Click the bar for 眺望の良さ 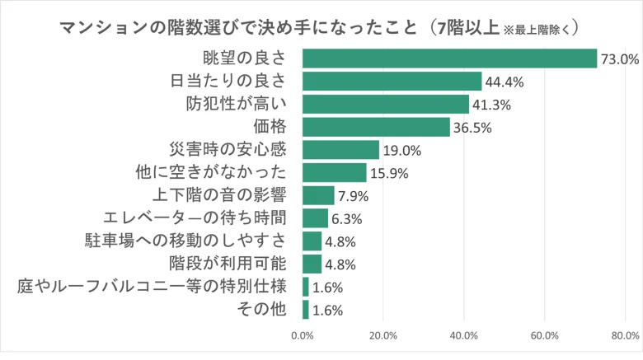449,58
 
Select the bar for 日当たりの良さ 392,82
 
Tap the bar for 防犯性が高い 386,104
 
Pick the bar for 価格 376,127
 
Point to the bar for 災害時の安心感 340,150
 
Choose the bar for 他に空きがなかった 334,172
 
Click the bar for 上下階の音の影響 318,195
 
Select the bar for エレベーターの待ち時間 315,218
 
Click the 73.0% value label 620,59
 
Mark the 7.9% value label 353,196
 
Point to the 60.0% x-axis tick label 545,335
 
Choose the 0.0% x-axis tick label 303,335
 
